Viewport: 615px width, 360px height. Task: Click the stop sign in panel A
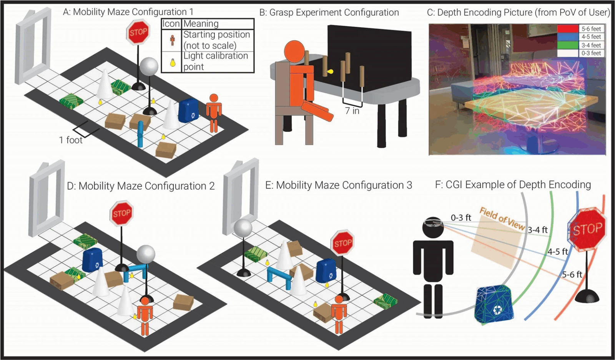(138, 32)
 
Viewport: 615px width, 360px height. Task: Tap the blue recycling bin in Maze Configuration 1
(188, 110)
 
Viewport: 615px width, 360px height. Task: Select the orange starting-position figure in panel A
(213, 113)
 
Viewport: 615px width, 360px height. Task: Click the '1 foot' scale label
(71, 140)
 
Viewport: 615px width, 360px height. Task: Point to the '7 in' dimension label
(352, 111)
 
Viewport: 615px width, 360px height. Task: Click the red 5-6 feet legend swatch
(568, 29)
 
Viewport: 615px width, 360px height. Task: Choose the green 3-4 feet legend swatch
(568, 45)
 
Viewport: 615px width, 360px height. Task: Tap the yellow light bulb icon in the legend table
(173, 62)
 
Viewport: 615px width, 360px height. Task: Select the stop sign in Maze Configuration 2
(121, 213)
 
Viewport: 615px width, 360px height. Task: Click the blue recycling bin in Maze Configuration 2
(92, 260)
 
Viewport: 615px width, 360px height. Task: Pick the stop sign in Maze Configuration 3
(342, 242)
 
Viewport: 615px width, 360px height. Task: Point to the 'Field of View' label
(502, 219)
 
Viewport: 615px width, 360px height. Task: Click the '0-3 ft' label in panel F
(461, 218)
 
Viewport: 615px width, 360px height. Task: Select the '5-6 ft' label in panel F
(572, 274)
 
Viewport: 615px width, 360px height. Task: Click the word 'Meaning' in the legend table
(201, 24)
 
